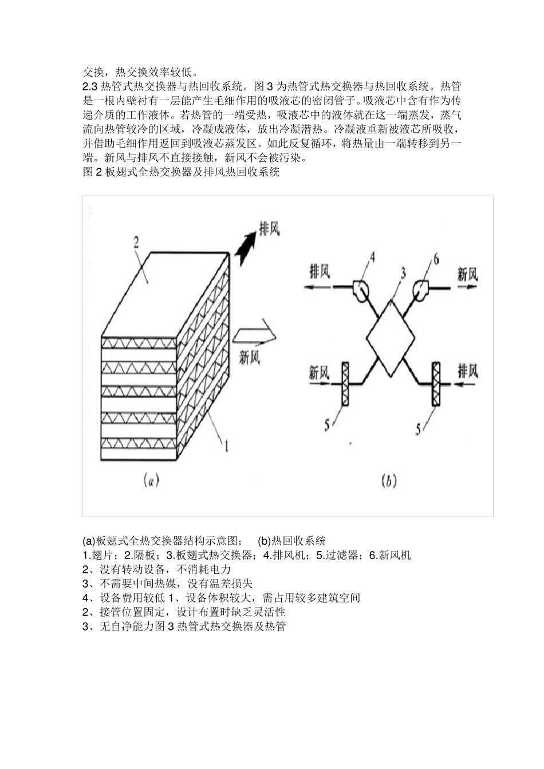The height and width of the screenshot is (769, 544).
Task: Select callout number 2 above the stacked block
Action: [136, 243]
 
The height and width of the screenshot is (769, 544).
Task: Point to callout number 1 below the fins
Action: [226, 446]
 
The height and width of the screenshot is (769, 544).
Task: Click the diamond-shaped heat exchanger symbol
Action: [390, 339]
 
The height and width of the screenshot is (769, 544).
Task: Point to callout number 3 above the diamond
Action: [403, 273]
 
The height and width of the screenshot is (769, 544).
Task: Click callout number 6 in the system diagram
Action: [436, 260]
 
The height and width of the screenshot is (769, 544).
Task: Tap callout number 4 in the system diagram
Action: [372, 257]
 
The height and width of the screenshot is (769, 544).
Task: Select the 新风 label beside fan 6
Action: [467, 275]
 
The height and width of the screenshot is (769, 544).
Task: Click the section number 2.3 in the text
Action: [90, 86]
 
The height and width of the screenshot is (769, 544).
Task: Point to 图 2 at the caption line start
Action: [92, 172]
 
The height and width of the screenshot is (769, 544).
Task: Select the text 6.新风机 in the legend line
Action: [390, 555]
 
